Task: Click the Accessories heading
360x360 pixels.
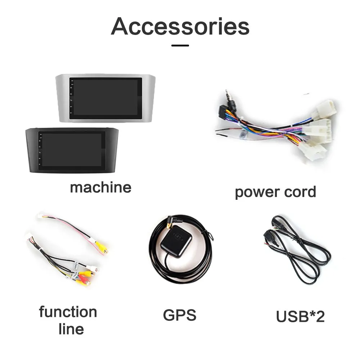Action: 180,26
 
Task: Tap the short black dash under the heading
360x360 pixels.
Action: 180,45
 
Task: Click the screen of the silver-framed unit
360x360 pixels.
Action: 106,97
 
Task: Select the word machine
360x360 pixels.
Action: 100,188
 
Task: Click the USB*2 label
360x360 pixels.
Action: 300,316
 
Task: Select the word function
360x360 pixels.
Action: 68,312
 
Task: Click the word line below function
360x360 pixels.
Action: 71,329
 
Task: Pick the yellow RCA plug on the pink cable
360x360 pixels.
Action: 101,247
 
